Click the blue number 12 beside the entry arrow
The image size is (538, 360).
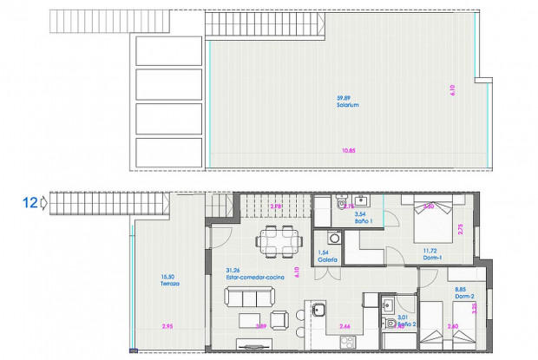(30, 203)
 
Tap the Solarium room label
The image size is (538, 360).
(349, 105)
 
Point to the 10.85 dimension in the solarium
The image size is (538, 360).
(349, 151)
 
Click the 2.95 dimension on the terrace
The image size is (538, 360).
(167, 325)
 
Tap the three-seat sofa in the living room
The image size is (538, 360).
(246, 298)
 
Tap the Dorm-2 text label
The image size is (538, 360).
(464, 298)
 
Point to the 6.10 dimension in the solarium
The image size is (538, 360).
(453, 89)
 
